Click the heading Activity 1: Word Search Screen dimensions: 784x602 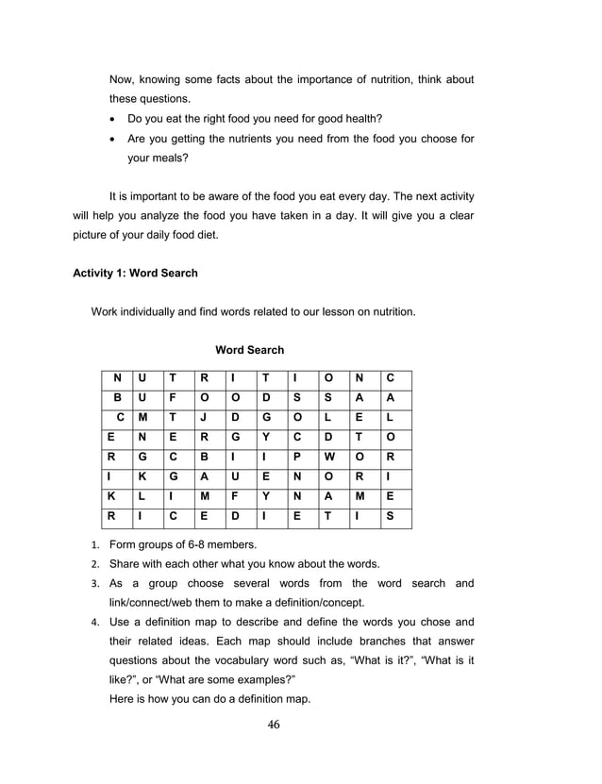(x=135, y=274)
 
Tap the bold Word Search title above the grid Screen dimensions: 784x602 (x=249, y=350)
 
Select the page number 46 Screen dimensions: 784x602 (x=275, y=725)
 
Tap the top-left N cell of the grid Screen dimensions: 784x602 (x=116, y=377)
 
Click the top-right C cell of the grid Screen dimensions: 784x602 (x=390, y=377)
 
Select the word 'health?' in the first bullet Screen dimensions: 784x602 (x=361, y=119)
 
